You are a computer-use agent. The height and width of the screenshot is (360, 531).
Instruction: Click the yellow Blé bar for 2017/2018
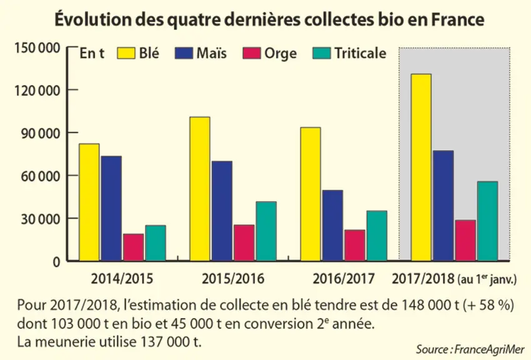point(421,167)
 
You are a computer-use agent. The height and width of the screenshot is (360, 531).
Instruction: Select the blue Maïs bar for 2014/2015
point(111,209)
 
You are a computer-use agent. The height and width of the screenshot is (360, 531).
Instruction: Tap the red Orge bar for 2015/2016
point(244,243)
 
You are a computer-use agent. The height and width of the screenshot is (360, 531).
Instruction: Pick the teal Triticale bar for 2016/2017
point(377,236)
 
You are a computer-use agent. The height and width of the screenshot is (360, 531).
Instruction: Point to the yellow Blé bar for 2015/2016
point(200,189)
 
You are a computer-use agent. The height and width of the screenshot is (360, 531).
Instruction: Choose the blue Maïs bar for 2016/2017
point(332,226)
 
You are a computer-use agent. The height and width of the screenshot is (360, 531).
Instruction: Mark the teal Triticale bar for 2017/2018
point(487,221)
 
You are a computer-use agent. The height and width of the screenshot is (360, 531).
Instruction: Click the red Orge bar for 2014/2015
point(133,247)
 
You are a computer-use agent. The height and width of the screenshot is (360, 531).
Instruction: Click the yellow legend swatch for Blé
point(126,53)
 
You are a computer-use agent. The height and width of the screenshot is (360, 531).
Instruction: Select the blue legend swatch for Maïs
point(184,53)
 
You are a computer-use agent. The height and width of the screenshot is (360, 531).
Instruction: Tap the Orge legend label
point(280,54)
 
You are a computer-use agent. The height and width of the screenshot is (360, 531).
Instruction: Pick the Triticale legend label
point(360,53)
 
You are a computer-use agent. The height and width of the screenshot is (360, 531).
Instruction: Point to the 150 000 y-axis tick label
point(37,48)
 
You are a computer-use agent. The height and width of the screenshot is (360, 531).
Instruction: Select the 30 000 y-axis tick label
point(41,219)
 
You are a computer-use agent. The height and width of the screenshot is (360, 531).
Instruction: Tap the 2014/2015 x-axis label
point(122,279)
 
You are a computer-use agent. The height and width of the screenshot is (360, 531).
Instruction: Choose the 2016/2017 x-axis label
point(344,279)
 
